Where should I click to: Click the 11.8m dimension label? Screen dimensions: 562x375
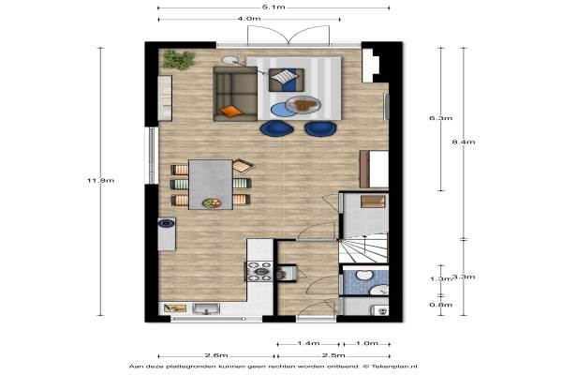pos(101,181)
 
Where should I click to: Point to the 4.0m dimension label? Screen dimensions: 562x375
pos(249,19)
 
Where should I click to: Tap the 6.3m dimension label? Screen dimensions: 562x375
pos(441,118)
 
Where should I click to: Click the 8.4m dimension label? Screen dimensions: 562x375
pos(464,142)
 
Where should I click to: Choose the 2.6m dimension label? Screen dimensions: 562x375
pos(216,355)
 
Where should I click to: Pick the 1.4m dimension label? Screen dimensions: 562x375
pos(308,343)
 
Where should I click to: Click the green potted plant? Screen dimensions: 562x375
pos(179,60)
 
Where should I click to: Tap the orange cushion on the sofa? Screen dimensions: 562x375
pos(230,112)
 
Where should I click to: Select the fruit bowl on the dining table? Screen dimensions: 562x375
pos(212,203)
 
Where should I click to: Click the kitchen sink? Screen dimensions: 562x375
pos(206,309)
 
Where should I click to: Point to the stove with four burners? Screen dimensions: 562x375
pos(259,271)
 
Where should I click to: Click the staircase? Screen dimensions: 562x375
pos(363,247)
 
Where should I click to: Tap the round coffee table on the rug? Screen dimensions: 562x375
pos(303,105)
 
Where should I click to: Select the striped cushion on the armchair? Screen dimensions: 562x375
pos(284,76)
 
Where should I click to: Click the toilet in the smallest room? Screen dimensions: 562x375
pos(379,309)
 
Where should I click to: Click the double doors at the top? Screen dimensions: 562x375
pos(288,36)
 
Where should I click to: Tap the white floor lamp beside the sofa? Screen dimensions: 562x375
pos(230,60)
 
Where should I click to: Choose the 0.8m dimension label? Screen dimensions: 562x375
pos(441,305)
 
